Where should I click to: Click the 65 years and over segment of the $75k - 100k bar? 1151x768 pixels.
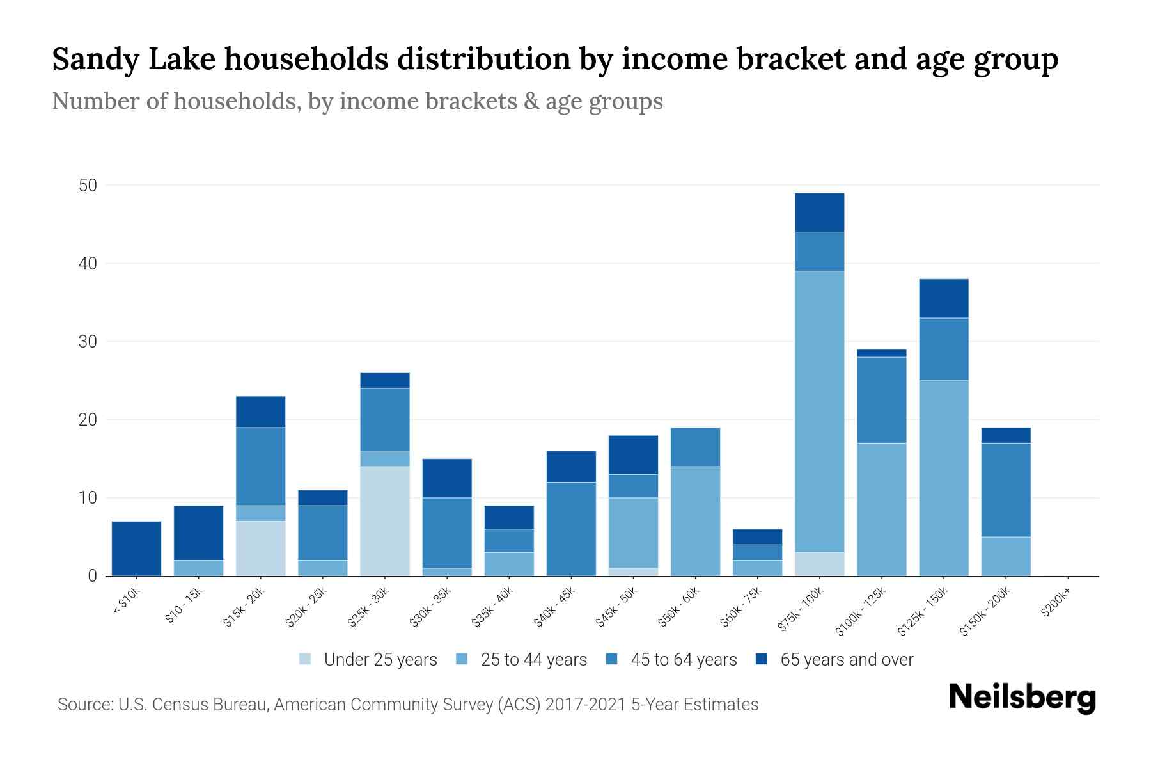point(819,212)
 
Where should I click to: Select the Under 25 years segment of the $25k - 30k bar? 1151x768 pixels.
point(385,521)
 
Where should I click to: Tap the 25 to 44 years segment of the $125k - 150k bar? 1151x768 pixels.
point(943,478)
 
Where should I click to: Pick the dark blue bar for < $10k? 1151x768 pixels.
point(136,548)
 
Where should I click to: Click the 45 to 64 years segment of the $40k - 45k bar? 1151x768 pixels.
point(571,529)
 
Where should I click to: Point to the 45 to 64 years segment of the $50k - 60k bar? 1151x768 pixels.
point(695,447)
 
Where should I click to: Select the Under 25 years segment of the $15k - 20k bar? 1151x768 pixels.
point(260,548)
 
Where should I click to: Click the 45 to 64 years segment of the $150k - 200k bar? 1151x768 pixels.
point(1005,490)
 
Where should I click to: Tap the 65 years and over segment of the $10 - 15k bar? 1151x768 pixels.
point(198,532)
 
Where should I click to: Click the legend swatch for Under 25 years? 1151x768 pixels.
point(306,659)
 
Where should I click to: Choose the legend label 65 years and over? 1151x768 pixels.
point(846,660)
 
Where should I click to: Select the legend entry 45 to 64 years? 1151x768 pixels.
point(683,660)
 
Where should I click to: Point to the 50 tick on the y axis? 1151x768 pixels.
point(88,186)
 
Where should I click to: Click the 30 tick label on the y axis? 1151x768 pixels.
point(88,342)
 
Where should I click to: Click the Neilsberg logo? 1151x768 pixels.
point(1022,698)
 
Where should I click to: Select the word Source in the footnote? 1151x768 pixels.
point(82,705)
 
